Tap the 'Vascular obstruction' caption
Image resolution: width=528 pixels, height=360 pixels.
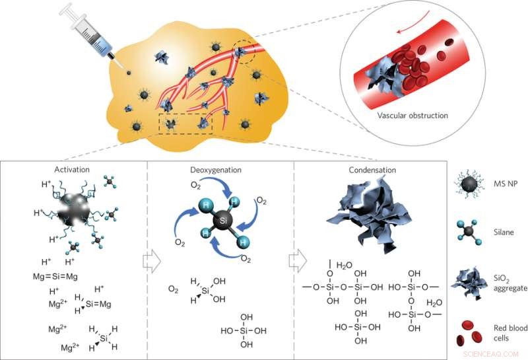pos(413,116)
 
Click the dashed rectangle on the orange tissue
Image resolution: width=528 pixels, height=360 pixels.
pos(185,123)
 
